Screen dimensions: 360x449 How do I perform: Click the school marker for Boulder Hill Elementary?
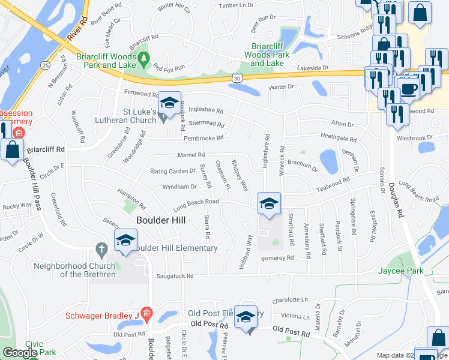click(125, 241)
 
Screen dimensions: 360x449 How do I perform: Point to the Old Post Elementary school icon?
click(246, 317)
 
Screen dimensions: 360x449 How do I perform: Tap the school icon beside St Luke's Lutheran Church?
click(170, 103)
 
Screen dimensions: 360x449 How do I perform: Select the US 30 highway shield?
click(238, 78)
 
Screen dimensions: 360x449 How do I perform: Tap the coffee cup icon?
click(410, 88)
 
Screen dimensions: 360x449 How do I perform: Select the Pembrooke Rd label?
click(203, 138)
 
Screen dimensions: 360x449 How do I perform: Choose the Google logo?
click(20, 353)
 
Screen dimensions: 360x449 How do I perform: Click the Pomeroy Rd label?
click(277, 258)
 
